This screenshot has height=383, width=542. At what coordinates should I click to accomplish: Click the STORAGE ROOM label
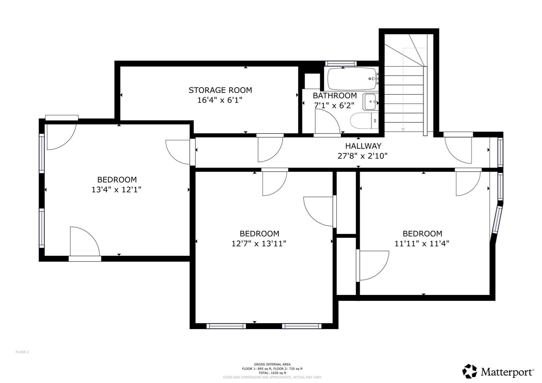(220, 90)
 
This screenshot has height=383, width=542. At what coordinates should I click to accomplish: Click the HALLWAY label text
(363, 146)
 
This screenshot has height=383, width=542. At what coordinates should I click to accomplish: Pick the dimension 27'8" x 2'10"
(363, 156)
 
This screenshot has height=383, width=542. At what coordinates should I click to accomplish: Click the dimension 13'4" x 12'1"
(116, 190)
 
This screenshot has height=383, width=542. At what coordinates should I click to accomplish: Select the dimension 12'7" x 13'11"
(259, 243)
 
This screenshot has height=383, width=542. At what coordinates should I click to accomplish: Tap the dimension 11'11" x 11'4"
(422, 243)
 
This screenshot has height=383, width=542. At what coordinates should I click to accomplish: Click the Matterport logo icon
(469, 371)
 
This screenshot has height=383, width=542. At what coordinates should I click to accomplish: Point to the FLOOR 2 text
(22, 352)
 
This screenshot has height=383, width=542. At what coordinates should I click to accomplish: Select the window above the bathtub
(341, 63)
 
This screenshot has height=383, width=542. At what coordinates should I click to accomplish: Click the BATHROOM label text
(335, 95)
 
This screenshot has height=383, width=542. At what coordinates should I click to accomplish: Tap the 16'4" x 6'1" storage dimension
(220, 100)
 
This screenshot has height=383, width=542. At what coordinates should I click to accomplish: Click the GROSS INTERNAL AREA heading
(272, 364)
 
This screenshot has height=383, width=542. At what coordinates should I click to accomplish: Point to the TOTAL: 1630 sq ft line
(272, 373)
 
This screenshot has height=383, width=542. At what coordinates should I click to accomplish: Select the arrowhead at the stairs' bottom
(403, 130)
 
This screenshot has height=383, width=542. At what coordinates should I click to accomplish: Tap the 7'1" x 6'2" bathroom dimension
(334, 106)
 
